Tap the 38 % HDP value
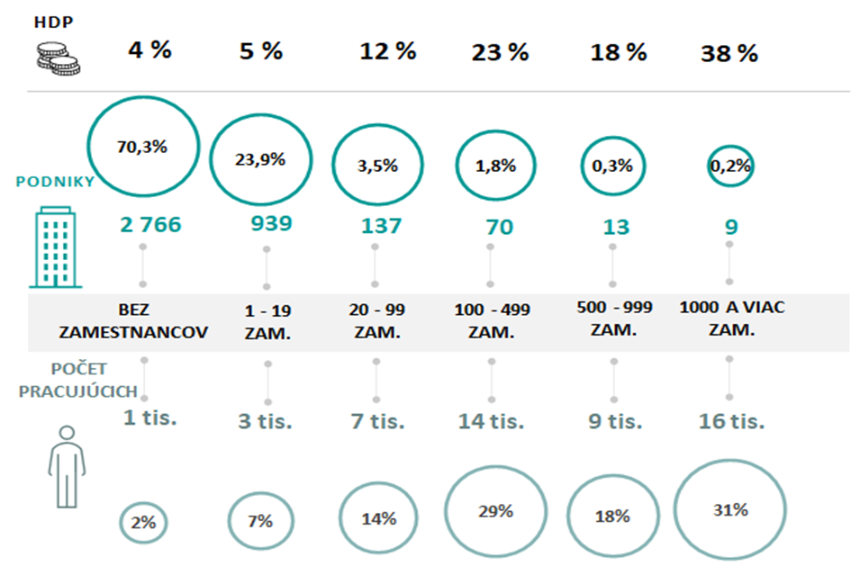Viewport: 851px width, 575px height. click(729, 53)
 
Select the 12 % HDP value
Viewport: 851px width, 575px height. click(387, 51)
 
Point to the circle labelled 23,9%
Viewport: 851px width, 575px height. click(260, 159)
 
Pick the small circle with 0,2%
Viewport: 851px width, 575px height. click(729, 166)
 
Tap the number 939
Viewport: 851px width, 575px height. click(266, 224)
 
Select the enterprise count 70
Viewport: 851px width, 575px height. click(498, 226)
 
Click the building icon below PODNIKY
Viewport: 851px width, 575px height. click(55, 248)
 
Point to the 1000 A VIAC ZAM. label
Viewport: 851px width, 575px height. click(730, 317)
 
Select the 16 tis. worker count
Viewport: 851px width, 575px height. click(730, 421)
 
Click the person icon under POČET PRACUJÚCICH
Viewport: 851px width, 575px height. click(66, 467)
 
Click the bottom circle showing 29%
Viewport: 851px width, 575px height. click(495, 511)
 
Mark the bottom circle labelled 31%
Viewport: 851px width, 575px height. click(729, 509)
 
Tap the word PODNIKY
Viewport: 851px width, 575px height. click(54, 181)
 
